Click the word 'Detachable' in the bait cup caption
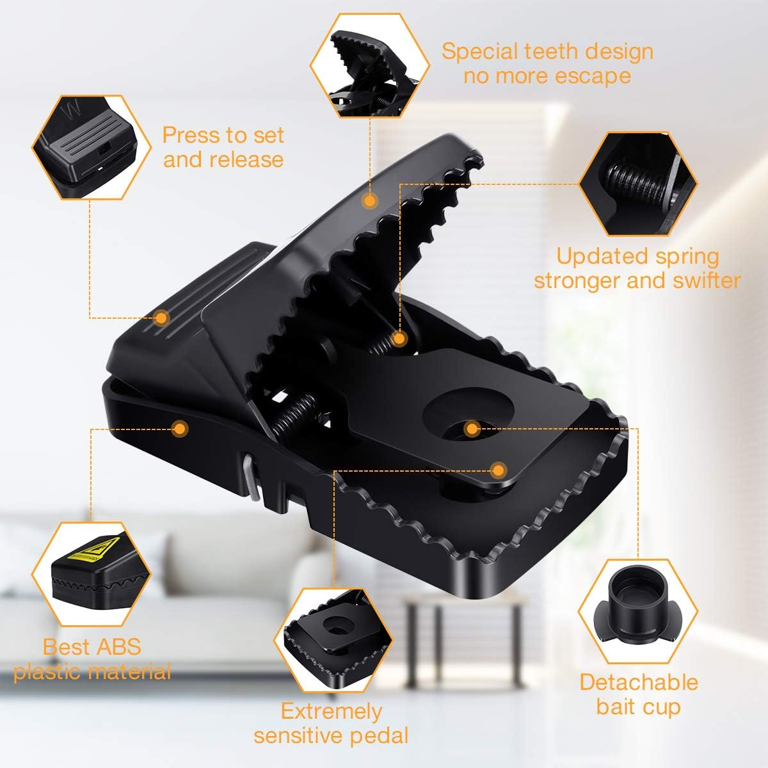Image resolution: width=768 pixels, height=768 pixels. coord(639,682)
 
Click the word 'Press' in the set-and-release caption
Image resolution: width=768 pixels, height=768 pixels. coord(194,135)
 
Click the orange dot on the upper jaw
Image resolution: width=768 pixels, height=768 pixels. coord(370,201)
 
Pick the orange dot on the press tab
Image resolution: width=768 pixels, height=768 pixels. coord(161,318)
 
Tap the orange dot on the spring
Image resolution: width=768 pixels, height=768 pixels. coord(399,339)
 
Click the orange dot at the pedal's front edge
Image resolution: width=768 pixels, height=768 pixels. coord(498,470)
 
